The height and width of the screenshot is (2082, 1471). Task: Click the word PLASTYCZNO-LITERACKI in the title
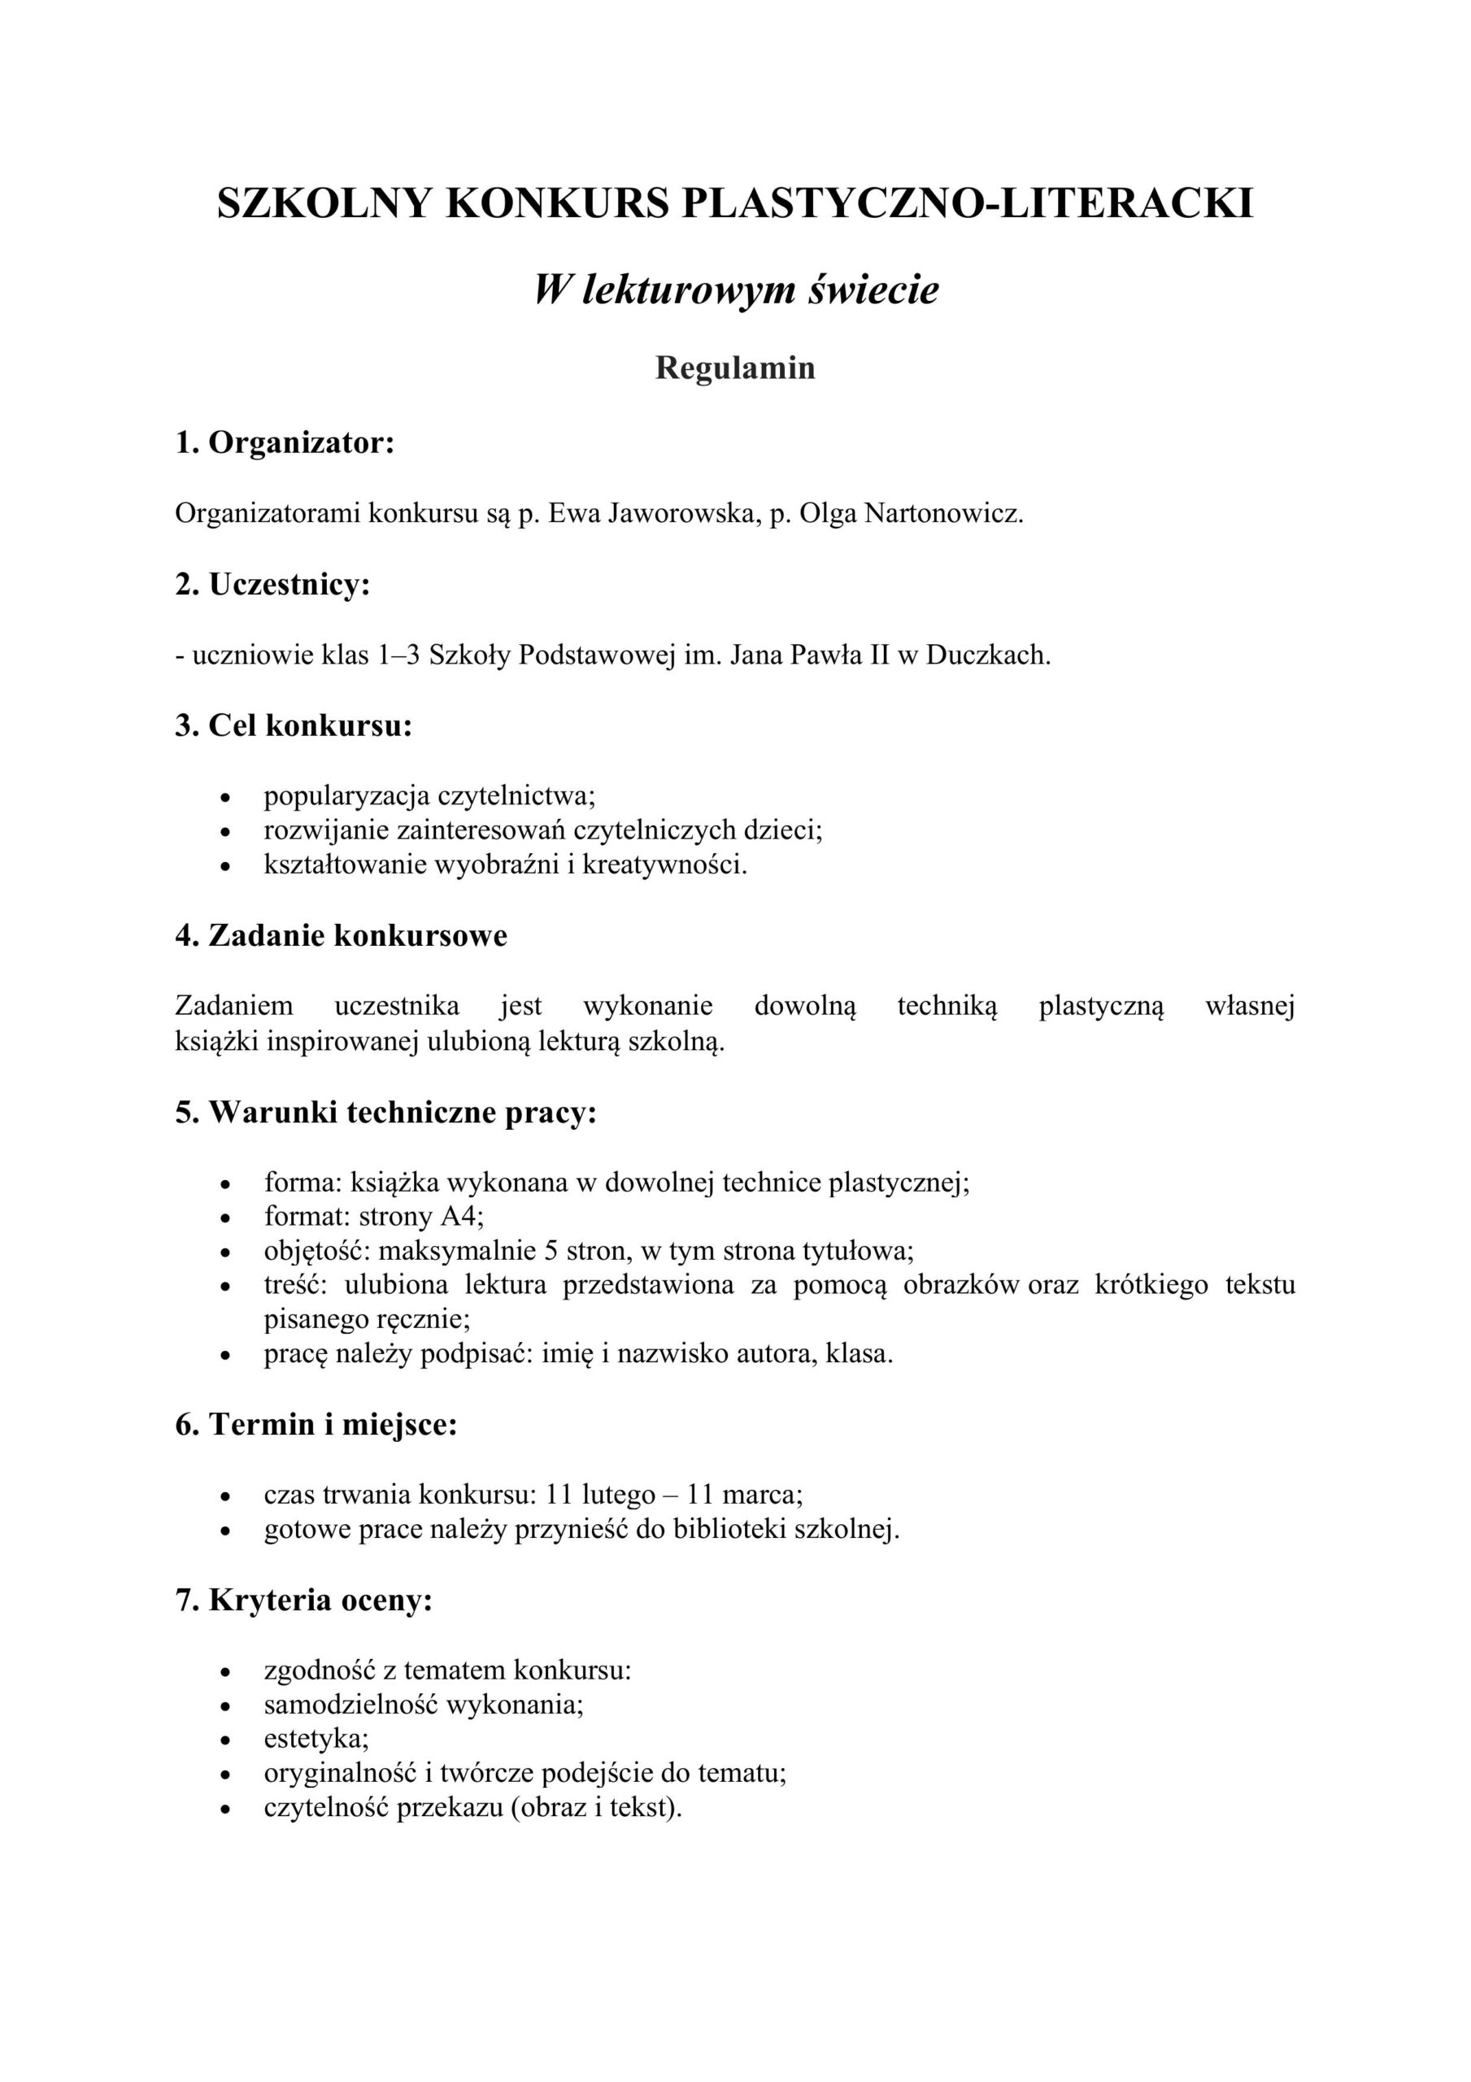pos(967,203)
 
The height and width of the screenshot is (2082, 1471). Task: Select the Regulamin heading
pos(735,368)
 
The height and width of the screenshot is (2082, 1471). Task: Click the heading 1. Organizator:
pos(285,442)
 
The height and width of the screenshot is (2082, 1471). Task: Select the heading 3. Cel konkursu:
pos(294,725)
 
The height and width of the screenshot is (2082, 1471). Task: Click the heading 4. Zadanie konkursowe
pos(341,935)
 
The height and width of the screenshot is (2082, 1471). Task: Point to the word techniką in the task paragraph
pos(947,1006)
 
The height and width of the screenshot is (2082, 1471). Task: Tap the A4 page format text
pos(462,1216)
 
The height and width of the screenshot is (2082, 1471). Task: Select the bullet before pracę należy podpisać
pos(226,1357)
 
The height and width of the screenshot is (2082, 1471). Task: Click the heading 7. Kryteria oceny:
pos(304,1601)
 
